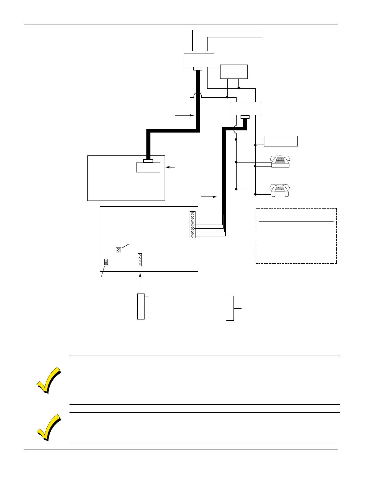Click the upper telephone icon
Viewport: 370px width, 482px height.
280,161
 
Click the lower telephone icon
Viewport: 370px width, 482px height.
280,190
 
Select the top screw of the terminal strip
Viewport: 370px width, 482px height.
192,214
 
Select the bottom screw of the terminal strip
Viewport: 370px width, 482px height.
192,236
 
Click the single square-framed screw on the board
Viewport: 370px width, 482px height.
118,250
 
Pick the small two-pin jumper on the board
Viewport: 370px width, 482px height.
106,262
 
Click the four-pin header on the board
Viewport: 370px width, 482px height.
140,260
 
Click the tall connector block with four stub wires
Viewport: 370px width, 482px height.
141,307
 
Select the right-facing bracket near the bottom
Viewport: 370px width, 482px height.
233,308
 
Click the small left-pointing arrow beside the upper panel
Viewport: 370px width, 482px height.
170,167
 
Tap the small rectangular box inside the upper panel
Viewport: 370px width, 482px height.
148,167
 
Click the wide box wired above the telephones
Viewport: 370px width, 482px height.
281,141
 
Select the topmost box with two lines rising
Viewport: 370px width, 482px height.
199,60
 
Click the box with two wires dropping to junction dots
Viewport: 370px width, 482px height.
234,72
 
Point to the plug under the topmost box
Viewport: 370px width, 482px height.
197,69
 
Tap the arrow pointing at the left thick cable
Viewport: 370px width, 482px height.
184,115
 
